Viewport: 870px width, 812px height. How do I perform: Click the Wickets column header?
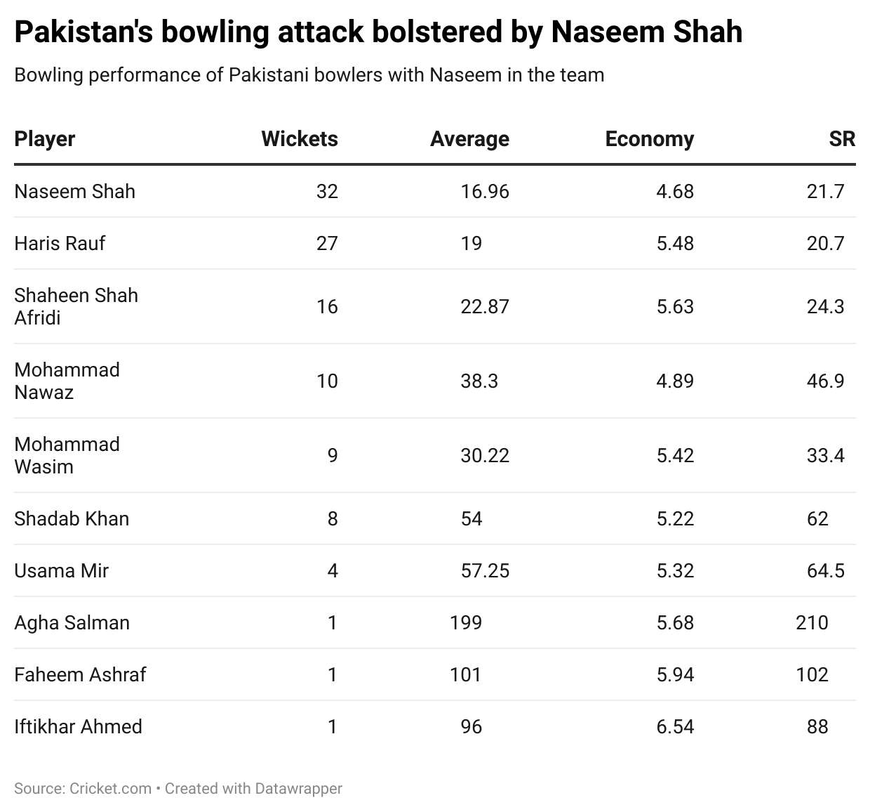pyautogui.click(x=299, y=139)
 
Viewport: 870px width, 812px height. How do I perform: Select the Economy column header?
pyautogui.click(x=649, y=139)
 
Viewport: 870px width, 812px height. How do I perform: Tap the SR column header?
pyautogui.click(x=842, y=139)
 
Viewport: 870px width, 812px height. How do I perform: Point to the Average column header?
pyautogui.click(x=469, y=139)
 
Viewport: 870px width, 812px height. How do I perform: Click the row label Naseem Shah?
pyautogui.click(x=74, y=191)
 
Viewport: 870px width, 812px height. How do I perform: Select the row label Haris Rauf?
pyautogui.click(x=60, y=243)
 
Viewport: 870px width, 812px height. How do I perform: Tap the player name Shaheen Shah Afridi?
pyautogui.click(x=76, y=306)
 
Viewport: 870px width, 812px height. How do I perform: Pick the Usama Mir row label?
pyautogui.click(x=61, y=570)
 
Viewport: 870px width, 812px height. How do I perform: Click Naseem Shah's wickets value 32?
pyautogui.click(x=327, y=191)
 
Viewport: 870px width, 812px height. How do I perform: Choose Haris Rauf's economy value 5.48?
pyautogui.click(x=675, y=243)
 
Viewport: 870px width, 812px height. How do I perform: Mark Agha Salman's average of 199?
pyautogui.click(x=466, y=622)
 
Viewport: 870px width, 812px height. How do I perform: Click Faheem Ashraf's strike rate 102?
pyautogui.click(x=812, y=674)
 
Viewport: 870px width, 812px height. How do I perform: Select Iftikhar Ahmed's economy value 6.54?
pyautogui.click(x=675, y=726)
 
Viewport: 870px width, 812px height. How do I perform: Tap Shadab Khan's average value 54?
pyautogui.click(x=471, y=518)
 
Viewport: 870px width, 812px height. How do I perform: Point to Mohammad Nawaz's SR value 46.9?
pyautogui.click(x=825, y=381)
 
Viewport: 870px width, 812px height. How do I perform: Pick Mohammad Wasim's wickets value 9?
pyautogui.click(x=333, y=455)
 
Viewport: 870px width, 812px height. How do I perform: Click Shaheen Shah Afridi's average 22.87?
pyautogui.click(x=485, y=306)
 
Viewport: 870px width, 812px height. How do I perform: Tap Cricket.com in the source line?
pyautogui.click(x=110, y=789)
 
